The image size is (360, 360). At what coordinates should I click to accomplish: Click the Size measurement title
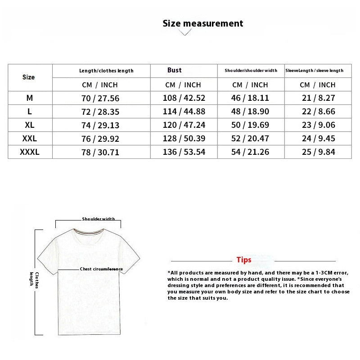pyautogui.click(x=202, y=23)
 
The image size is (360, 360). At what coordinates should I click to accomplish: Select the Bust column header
pyautogui.click(x=174, y=70)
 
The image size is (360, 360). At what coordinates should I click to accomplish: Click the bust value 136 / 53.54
pyautogui.click(x=184, y=152)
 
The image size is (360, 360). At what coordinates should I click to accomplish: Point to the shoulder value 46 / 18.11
pyautogui.click(x=250, y=98)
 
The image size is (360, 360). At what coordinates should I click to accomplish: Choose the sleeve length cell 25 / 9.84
pyautogui.click(x=318, y=152)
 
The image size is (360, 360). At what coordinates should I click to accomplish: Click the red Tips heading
pyautogui.click(x=244, y=260)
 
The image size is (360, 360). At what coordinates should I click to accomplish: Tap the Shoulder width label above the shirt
pyautogui.click(x=98, y=219)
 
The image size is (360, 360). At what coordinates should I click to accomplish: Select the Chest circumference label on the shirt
pyautogui.click(x=101, y=269)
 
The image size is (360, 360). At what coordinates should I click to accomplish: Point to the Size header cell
pyautogui.click(x=28, y=77)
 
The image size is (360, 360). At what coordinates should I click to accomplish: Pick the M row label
pyautogui.click(x=30, y=98)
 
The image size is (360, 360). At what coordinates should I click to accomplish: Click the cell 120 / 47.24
pyautogui.click(x=184, y=125)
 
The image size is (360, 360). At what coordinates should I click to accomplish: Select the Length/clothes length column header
pyautogui.click(x=106, y=71)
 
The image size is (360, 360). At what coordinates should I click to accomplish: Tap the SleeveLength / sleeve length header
pyautogui.click(x=315, y=71)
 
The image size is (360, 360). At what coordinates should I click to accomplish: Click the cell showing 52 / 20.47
pyautogui.click(x=250, y=139)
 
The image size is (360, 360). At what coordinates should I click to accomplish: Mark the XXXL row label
pyautogui.click(x=30, y=152)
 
